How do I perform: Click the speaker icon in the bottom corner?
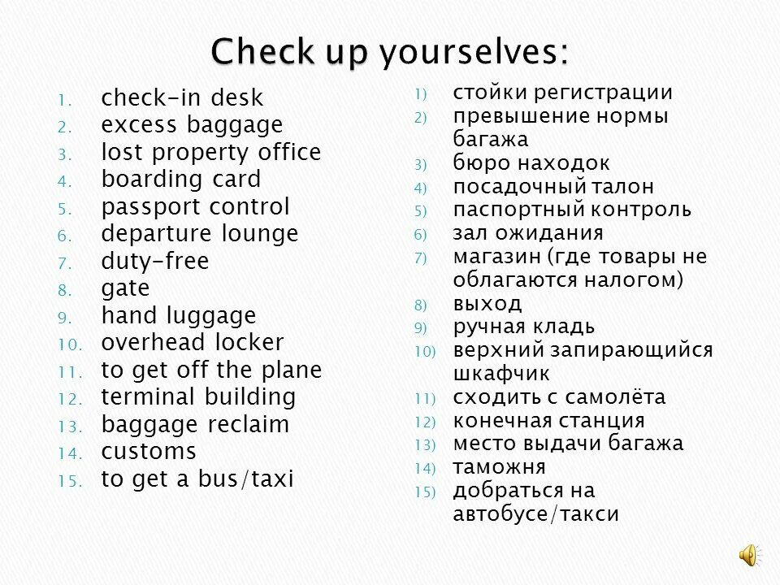(x=748, y=555)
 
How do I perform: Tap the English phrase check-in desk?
(x=182, y=98)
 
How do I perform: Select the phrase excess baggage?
(x=192, y=125)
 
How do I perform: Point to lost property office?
(x=210, y=153)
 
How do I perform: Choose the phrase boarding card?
(x=180, y=180)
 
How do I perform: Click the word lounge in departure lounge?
(x=260, y=234)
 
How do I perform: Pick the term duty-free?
(x=154, y=262)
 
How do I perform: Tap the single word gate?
(x=125, y=289)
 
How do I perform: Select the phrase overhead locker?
(x=192, y=343)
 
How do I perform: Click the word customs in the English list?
(x=149, y=452)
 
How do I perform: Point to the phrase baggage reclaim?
(x=195, y=425)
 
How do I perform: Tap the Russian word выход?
(x=487, y=304)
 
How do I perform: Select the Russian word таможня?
(x=499, y=467)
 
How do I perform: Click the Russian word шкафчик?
(x=500, y=374)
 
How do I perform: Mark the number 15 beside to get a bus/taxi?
(x=69, y=481)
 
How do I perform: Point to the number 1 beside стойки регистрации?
(x=419, y=94)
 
